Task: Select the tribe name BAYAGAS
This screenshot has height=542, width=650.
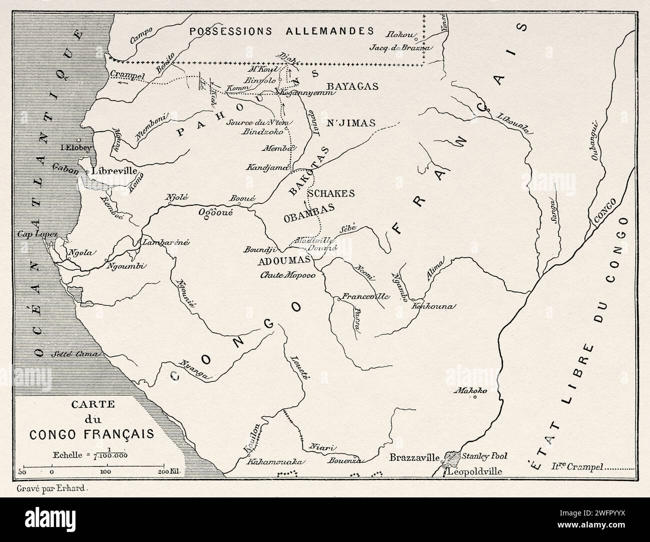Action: (351, 87)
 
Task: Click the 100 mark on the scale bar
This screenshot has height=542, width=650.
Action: (105, 472)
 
